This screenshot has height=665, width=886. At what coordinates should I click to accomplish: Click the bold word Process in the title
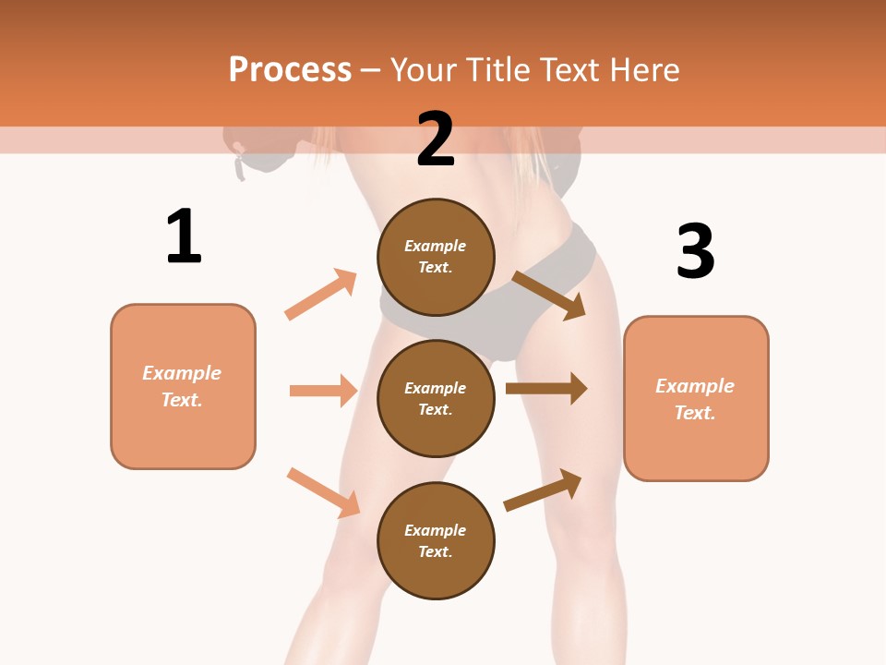[x=290, y=70]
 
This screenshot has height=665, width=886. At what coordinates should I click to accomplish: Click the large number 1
[x=184, y=236]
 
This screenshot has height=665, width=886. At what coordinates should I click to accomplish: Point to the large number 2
[x=436, y=139]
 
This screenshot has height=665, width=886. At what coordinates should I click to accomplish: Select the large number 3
[x=695, y=251]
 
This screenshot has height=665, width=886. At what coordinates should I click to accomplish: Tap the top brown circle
[x=436, y=257]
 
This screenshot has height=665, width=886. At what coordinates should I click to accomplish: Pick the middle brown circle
[x=436, y=398]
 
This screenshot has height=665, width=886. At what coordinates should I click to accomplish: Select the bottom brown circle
[x=436, y=540]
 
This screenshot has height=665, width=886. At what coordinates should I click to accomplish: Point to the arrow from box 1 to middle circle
[x=323, y=391]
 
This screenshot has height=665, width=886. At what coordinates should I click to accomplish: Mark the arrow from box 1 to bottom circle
[x=323, y=492]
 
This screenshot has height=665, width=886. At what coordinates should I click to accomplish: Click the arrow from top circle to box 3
[x=548, y=295]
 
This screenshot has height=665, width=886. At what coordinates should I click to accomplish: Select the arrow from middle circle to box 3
[x=546, y=389]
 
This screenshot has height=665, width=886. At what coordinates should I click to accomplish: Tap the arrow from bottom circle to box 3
[x=543, y=490]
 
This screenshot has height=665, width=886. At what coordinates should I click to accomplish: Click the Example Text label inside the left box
[x=182, y=386]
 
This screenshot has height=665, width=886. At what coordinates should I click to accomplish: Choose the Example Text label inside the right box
[x=695, y=399]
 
